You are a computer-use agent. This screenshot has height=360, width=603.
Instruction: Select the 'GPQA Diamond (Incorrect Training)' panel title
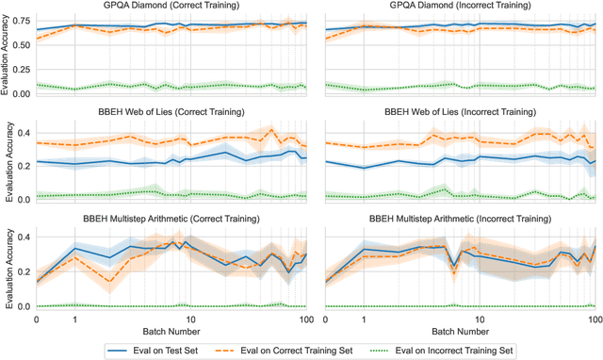point(460,7)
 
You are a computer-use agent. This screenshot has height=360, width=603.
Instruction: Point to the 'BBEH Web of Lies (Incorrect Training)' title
point(460,113)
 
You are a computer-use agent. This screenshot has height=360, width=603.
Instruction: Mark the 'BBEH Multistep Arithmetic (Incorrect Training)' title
point(460,219)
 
